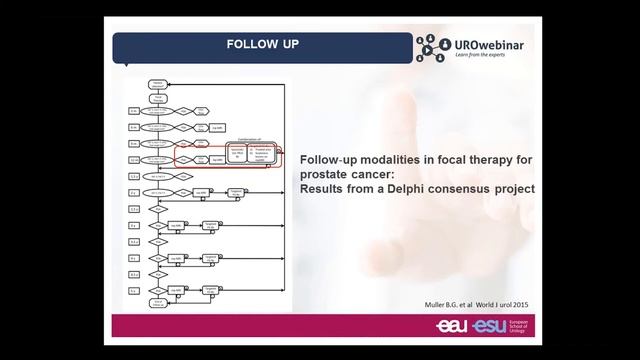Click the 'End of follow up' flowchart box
click(158, 302)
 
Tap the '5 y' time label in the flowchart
click(134, 289)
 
